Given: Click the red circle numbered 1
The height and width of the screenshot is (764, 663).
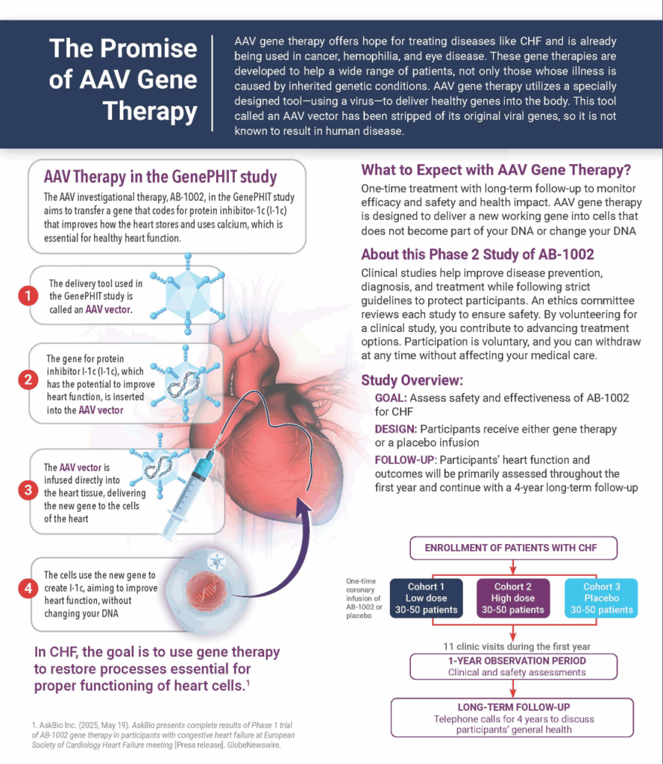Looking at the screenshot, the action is point(28,295).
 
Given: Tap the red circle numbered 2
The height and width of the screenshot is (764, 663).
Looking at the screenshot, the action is point(28,380).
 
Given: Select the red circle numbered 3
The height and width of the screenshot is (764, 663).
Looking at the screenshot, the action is point(28,489).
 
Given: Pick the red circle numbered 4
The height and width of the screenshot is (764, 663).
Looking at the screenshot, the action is point(28,588).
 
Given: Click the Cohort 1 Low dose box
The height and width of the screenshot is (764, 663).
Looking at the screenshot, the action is point(427,598).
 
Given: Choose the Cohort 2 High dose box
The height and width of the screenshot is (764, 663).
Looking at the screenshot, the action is point(513,598).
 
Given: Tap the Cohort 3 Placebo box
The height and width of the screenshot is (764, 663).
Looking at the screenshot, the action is point(601,598).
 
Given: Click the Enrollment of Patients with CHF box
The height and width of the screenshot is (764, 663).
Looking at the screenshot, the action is point(513,548).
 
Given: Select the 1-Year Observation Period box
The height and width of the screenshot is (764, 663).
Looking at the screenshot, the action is point(513,666).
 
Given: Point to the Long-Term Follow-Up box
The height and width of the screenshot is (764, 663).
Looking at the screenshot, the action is point(512,718).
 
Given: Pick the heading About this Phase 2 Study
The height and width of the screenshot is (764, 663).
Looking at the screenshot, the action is point(477,254).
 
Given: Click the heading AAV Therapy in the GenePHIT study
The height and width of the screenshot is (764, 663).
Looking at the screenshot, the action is point(160,176).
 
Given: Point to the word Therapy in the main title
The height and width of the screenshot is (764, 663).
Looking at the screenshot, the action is point(150,111).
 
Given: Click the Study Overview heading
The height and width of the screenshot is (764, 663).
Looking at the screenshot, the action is point(412,380).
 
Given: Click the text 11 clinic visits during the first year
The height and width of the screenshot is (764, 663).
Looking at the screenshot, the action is point(516,647).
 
